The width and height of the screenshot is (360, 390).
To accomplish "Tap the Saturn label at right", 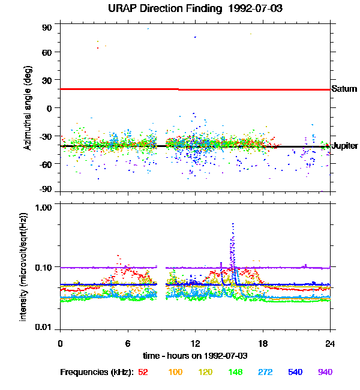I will pos(344,89).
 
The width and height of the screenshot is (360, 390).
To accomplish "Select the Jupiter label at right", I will pos(345,146).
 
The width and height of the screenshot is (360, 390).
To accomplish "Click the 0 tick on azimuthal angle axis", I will pos(50,108).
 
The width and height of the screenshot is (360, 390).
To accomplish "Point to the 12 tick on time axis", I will pos(195,344).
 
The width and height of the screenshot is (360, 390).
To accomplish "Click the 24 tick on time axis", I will pos(330,344).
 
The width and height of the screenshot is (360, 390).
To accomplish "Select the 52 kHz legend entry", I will pos(143,372).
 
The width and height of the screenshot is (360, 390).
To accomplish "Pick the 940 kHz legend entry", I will pos(325,372).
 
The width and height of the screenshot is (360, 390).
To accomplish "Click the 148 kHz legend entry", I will pos(235,372).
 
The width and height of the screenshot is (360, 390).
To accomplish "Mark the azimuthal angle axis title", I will pos(28,109).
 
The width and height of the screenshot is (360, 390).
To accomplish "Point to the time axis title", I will pos(195,356).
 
